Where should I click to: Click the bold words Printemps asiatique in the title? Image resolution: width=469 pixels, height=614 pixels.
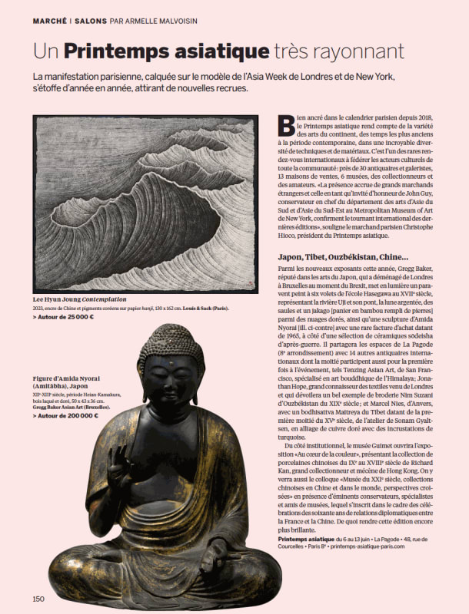(x=165, y=51)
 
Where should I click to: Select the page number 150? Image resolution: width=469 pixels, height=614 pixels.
(x=38, y=599)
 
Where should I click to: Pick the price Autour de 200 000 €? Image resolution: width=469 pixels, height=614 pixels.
(x=66, y=415)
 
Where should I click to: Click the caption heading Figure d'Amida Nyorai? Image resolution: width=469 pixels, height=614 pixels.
(x=65, y=378)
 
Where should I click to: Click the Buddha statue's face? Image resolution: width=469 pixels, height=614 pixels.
(x=171, y=384)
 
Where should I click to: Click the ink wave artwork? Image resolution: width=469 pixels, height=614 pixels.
(x=145, y=203)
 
